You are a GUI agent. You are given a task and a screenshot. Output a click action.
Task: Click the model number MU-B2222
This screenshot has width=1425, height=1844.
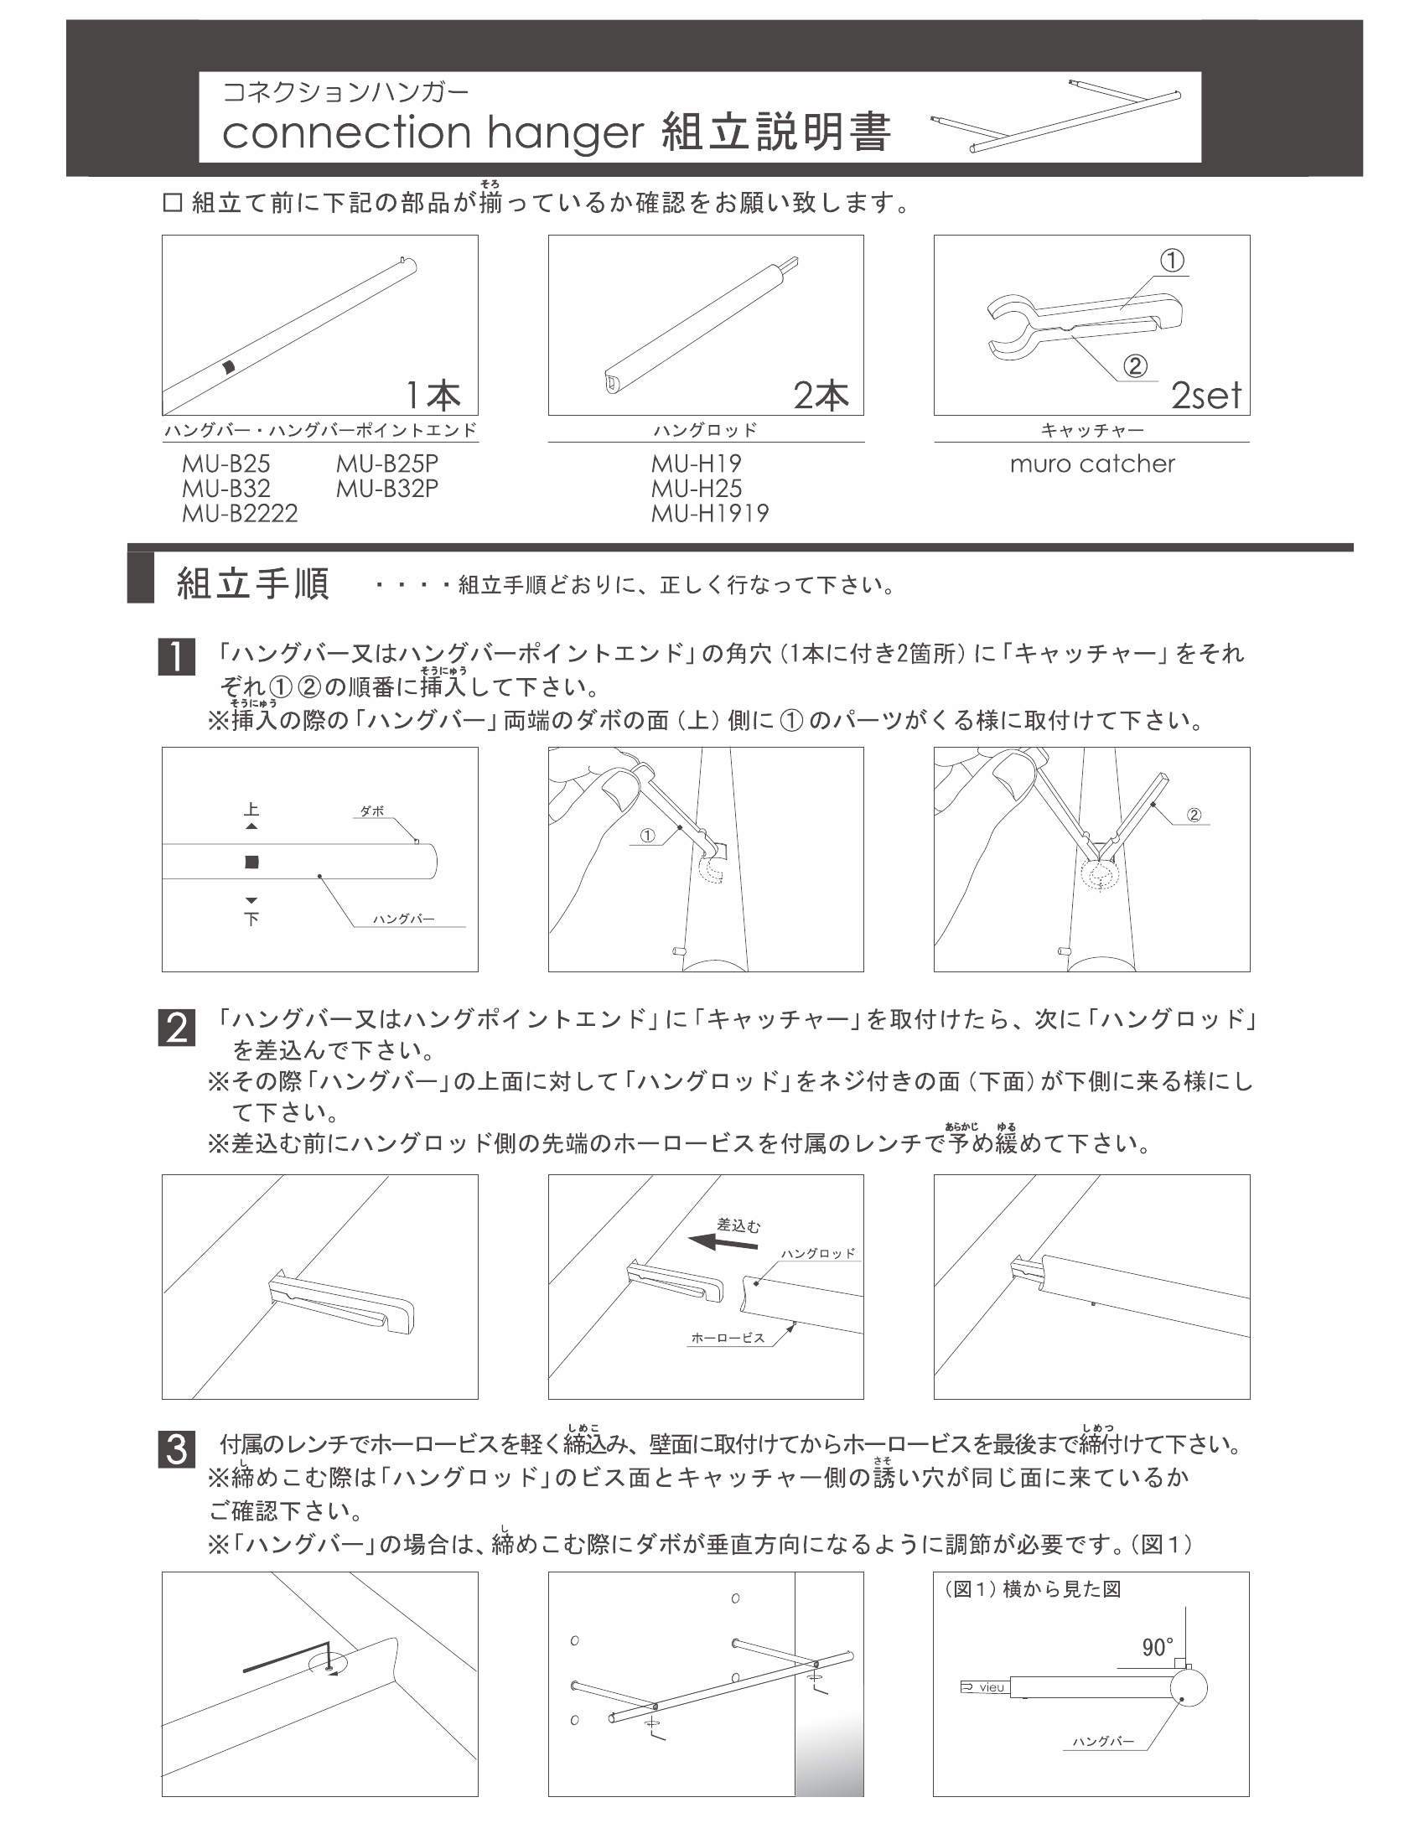point(240,513)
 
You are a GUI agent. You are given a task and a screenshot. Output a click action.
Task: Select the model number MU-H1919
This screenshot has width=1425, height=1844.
point(709,513)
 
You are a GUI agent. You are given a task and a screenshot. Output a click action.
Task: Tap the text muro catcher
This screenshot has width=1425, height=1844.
point(1091,464)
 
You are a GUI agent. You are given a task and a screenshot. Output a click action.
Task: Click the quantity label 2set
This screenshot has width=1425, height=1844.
point(1205,396)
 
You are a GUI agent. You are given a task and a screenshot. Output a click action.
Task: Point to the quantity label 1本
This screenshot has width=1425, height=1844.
point(433,395)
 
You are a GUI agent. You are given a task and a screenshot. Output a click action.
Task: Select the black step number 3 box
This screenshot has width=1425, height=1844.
point(175,1449)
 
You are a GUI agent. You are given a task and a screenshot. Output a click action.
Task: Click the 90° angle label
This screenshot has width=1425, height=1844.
point(1158,1647)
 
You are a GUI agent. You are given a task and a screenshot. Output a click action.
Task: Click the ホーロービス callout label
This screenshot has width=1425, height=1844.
point(727,1339)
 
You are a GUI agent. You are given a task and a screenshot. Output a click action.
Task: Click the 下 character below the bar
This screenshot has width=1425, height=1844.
point(251,918)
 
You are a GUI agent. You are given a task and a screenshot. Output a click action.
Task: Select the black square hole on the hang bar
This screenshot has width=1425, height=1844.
point(251,862)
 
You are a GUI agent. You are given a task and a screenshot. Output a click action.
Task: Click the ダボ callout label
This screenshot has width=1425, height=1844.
point(372,811)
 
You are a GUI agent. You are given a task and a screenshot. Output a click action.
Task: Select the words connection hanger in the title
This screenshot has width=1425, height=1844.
point(433,132)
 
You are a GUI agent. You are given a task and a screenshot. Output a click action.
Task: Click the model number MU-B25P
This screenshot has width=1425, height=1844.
point(386,464)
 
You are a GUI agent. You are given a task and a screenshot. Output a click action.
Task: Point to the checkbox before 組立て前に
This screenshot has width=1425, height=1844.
point(171,204)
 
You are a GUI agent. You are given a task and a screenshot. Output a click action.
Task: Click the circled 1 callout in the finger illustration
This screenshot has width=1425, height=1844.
point(646,836)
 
